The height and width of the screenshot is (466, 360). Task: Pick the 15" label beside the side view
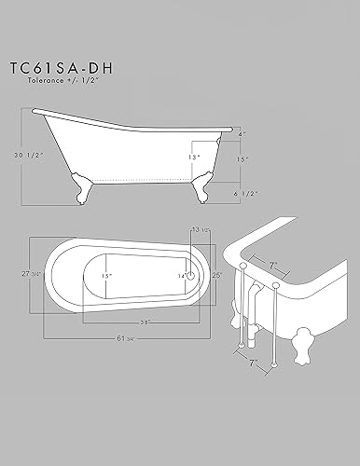(242, 158)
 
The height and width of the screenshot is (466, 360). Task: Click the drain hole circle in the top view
(191, 276)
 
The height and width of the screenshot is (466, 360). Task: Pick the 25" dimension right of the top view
(216, 276)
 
